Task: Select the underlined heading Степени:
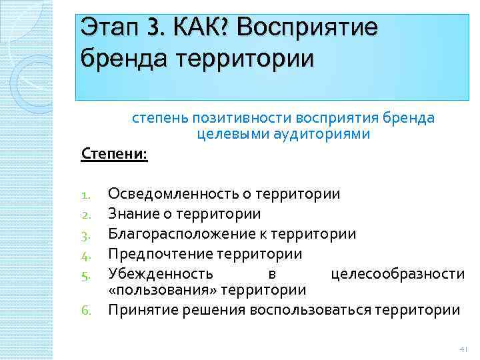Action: click(114, 155)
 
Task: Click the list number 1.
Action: click(85, 195)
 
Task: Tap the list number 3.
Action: click(85, 235)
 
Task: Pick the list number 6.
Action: click(85, 311)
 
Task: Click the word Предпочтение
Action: click(157, 254)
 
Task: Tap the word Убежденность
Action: click(161, 273)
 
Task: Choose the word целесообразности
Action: click(398, 273)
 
